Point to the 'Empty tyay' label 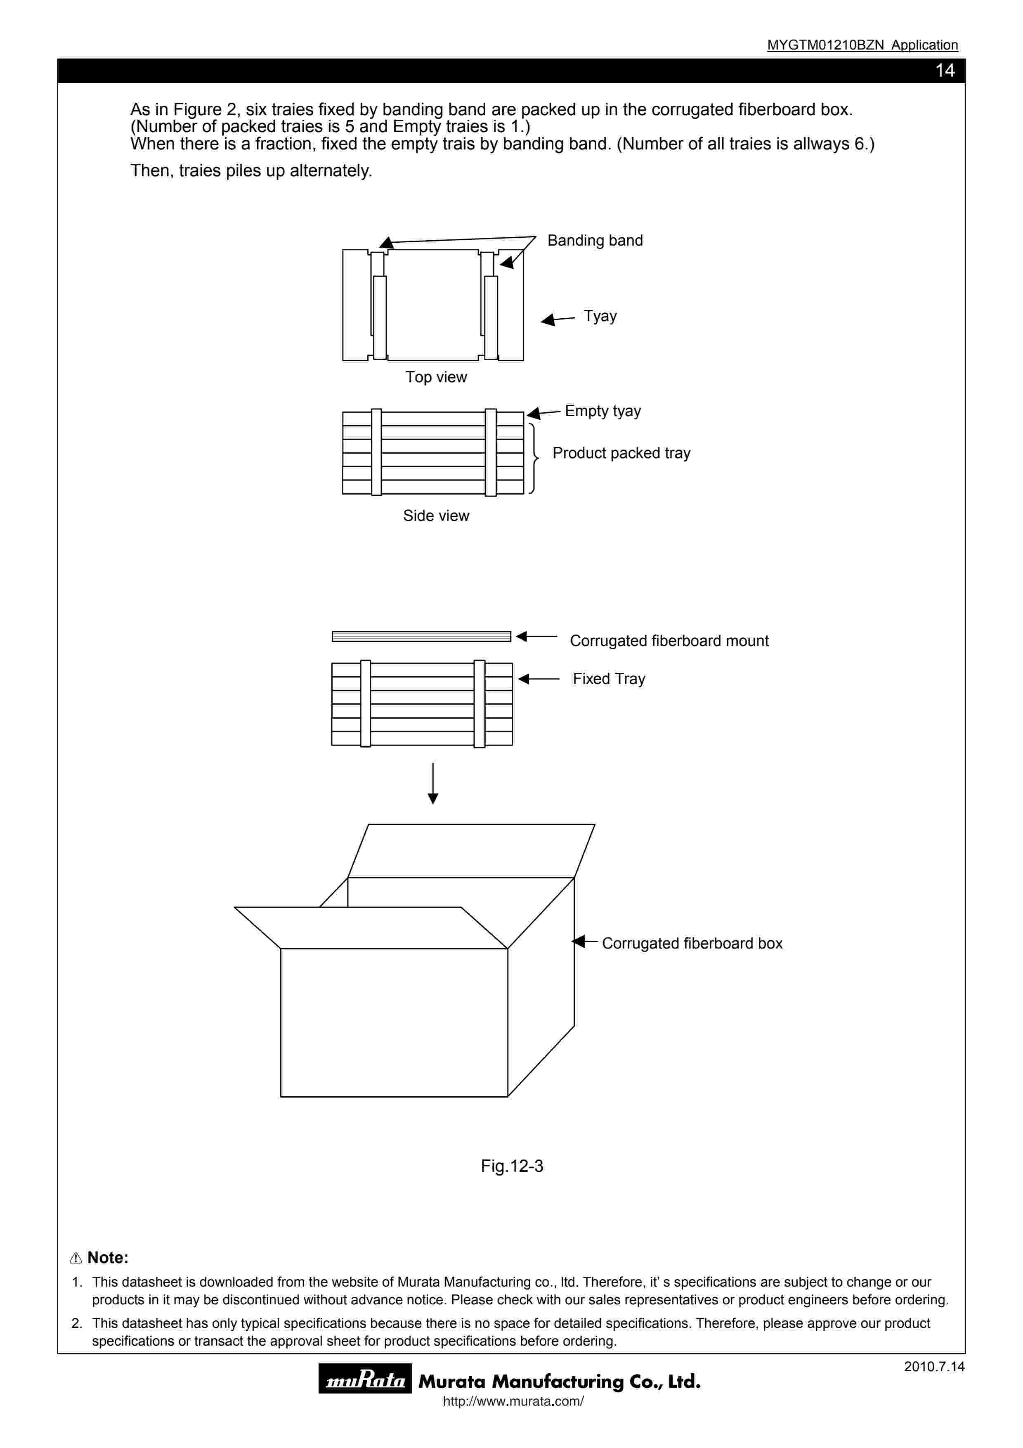click(x=602, y=411)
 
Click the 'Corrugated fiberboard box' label click(x=692, y=944)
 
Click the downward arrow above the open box click(x=433, y=783)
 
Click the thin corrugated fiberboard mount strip click(x=421, y=636)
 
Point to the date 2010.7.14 click(x=933, y=1367)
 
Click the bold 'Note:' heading click(x=107, y=1258)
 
